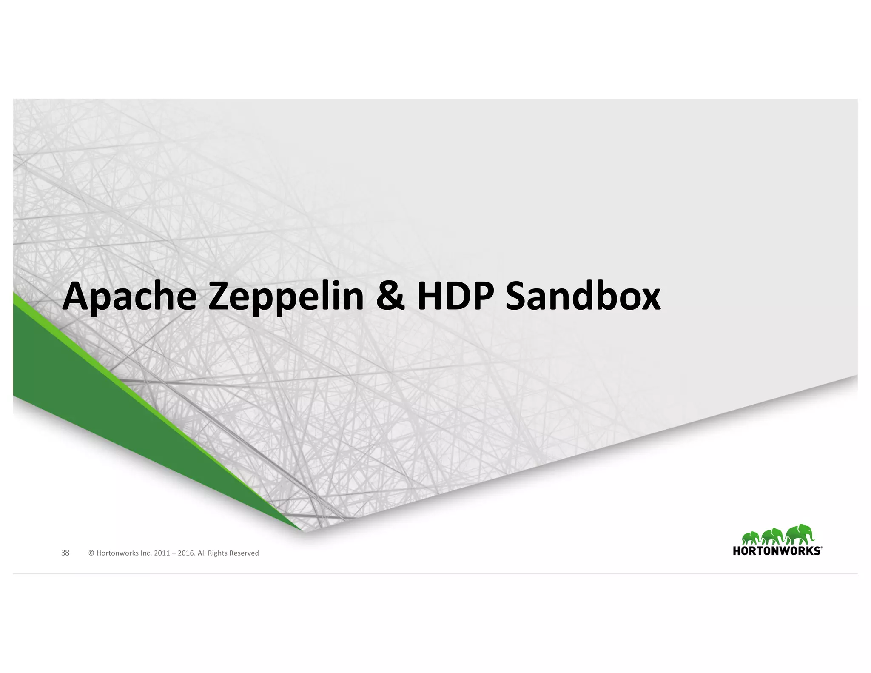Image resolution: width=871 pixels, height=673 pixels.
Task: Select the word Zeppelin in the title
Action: (285, 297)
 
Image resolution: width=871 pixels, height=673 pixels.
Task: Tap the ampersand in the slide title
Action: (390, 297)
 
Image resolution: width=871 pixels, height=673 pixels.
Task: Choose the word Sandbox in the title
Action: (583, 297)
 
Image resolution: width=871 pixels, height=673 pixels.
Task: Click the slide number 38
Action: (65, 553)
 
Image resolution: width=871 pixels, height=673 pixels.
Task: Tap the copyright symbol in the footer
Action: (91, 553)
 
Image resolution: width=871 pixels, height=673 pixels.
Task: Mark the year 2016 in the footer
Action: (185, 553)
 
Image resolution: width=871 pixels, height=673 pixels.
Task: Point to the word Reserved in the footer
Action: (244, 553)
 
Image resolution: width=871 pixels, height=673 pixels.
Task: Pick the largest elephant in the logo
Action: (798, 534)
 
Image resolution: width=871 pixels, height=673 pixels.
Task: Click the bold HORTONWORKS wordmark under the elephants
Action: (776, 551)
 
